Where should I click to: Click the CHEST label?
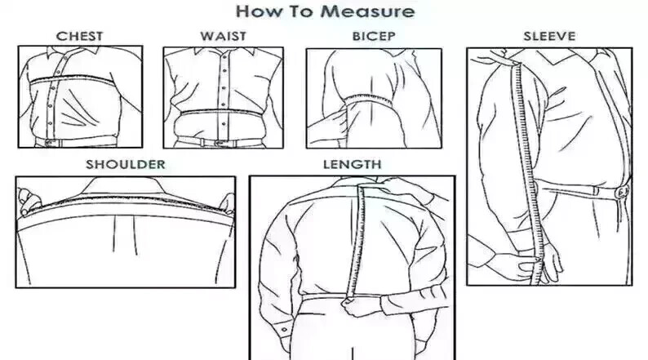[79, 37]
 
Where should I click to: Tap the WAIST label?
[223, 37]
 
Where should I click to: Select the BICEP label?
[374, 37]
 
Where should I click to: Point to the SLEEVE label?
[549, 37]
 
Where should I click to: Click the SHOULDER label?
[126, 165]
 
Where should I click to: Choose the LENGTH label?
[352, 165]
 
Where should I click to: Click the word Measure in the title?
[367, 11]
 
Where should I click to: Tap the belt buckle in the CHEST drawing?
[51, 143]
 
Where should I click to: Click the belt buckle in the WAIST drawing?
[219, 143]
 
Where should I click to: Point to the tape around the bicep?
[369, 100]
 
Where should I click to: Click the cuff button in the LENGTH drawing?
[285, 330]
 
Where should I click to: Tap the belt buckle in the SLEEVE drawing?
[622, 192]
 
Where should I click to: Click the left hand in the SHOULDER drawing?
[29, 202]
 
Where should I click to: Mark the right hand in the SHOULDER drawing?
[227, 202]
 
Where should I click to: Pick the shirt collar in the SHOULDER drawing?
[124, 186]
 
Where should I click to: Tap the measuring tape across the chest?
[73, 78]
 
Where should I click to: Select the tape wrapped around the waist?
[222, 113]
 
